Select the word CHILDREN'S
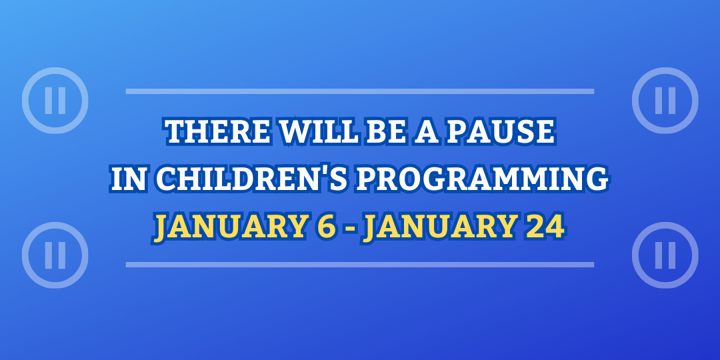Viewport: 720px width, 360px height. [252, 179]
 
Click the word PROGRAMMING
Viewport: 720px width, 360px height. [483, 179]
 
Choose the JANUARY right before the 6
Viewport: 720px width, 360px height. [229, 228]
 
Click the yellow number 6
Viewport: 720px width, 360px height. [327, 228]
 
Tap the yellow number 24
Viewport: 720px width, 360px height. [545, 228]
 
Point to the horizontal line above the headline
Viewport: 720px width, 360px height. [360, 91]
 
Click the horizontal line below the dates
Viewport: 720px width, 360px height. [360, 265]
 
